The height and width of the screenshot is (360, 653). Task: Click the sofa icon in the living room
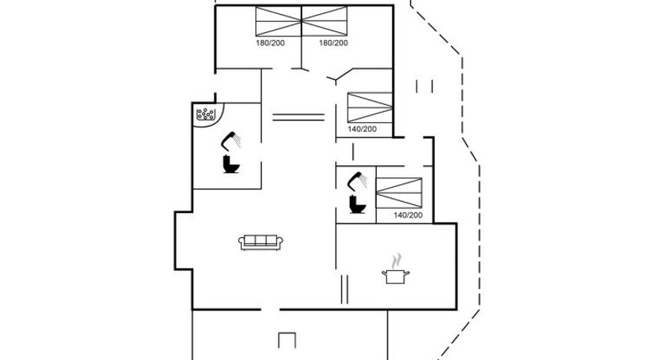pos(260,243)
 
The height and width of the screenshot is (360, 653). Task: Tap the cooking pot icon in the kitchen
pos(395,276)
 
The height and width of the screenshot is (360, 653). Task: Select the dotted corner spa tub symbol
pos(207,116)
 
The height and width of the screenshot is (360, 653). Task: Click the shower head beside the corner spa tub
pos(230,141)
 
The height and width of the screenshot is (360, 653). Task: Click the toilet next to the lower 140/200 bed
pos(357,204)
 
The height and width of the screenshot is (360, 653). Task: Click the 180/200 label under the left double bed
pos(269,43)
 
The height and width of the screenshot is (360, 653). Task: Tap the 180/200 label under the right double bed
pos(334,43)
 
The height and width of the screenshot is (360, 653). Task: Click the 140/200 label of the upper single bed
pos(363,129)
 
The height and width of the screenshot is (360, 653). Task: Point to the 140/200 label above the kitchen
pos(408,215)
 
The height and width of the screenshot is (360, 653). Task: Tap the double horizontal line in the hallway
pos(298,118)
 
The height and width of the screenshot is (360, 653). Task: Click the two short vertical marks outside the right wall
pos(424,85)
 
